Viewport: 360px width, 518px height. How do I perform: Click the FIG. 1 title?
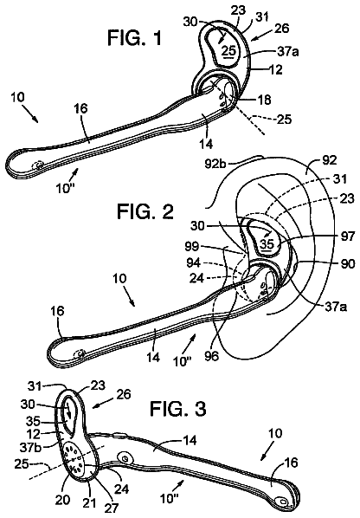[135, 37]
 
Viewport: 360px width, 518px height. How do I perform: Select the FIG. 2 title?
[145, 211]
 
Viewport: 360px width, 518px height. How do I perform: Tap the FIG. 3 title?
[178, 408]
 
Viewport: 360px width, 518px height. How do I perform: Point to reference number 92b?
[215, 163]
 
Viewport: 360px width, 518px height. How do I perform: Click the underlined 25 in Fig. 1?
[229, 51]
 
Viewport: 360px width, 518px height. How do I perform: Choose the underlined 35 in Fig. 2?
[267, 244]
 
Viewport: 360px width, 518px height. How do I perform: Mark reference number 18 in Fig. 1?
[265, 100]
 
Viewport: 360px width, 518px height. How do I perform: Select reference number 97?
[347, 236]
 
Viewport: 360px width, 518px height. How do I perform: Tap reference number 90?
[348, 263]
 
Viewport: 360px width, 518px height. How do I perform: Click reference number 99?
[192, 246]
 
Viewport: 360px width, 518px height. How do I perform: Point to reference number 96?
[211, 356]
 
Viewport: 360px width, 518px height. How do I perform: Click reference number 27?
[111, 508]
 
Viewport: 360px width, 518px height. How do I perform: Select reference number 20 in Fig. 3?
[62, 500]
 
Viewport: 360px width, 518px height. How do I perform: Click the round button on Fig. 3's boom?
[125, 458]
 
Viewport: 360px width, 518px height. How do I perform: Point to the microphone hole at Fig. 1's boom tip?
[39, 165]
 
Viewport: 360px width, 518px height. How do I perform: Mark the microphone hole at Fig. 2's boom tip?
[80, 354]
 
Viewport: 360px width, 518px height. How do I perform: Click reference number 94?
[193, 263]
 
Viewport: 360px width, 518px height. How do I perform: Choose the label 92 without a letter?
[330, 160]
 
